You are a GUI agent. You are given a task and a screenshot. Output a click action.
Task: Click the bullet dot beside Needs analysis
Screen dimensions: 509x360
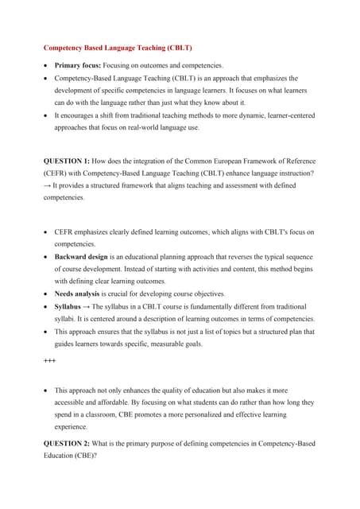46,293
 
